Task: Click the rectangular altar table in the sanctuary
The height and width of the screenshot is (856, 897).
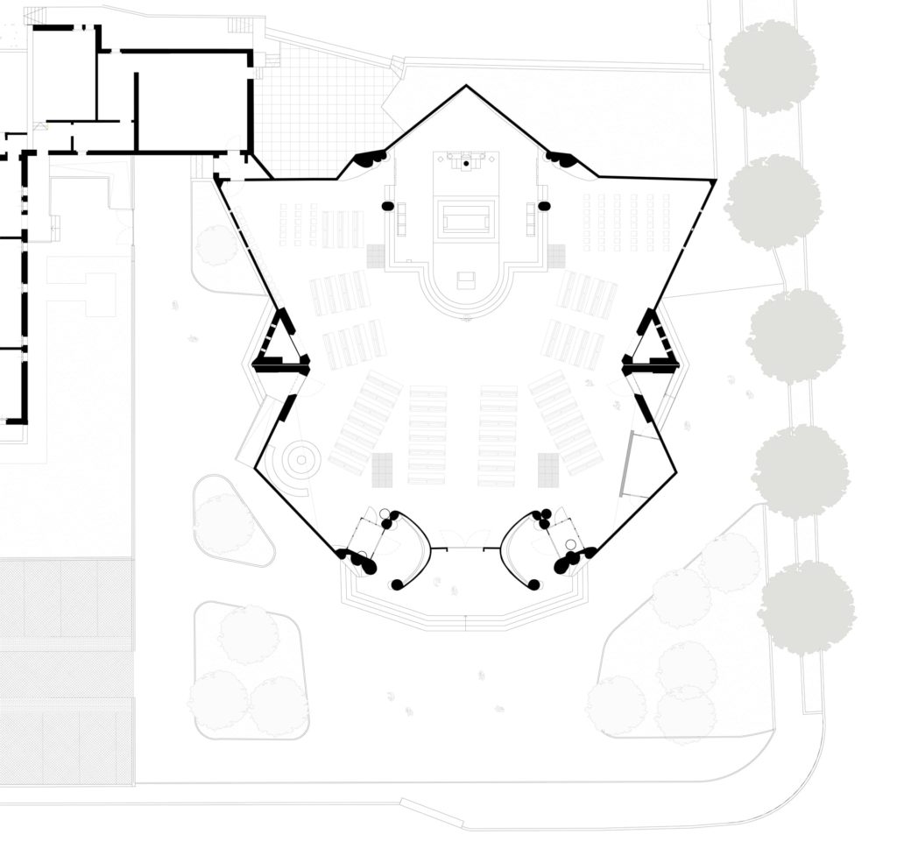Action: [466, 218]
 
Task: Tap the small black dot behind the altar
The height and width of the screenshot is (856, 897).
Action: [466, 163]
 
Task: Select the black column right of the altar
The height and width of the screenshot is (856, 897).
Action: [544, 206]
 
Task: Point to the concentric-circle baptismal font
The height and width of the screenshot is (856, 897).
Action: [300, 456]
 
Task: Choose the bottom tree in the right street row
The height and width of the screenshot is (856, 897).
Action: [806, 607]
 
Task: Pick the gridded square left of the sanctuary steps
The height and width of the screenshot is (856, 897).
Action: [377, 255]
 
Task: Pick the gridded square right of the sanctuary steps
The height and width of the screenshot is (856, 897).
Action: [556, 255]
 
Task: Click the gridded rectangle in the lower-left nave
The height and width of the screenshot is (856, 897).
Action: [382, 470]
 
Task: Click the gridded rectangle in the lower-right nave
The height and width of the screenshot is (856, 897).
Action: [548, 470]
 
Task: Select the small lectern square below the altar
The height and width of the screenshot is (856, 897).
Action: [466, 280]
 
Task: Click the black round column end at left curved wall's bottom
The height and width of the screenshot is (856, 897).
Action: [398, 584]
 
